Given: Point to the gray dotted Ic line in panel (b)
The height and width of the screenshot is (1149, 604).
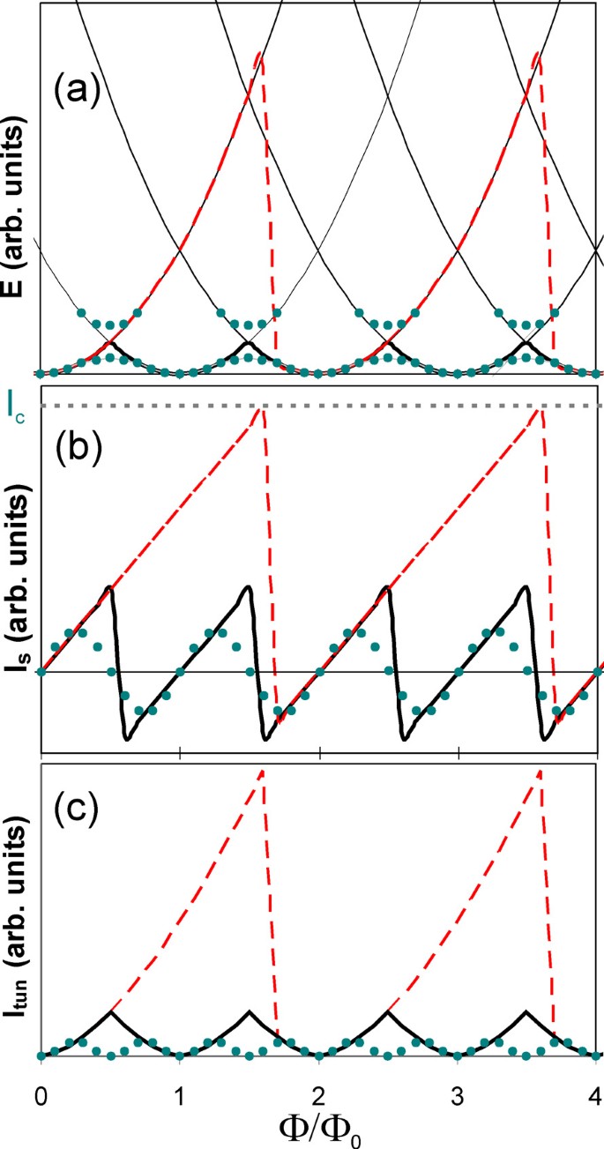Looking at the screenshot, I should pyautogui.click(x=397, y=406).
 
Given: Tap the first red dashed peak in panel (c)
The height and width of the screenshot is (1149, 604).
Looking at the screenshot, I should pyautogui.click(x=262, y=771).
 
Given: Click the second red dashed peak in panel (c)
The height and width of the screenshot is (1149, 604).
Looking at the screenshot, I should pyautogui.click(x=539, y=771).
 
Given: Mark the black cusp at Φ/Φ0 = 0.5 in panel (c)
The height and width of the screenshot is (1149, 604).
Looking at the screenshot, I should pyautogui.click(x=111, y=1011).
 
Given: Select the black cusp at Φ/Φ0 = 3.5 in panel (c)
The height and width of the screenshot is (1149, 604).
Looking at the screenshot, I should pyautogui.click(x=526, y=1011).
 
